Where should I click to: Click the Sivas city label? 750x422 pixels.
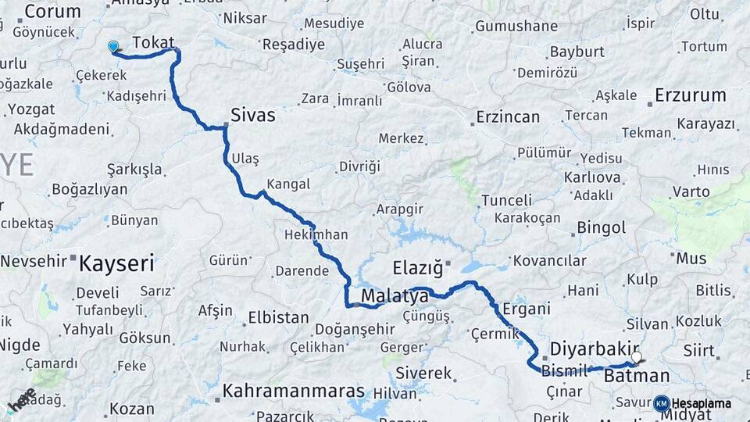click(253, 116)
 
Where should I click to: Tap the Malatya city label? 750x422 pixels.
click(395, 297)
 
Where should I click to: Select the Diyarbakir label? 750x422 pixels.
click(595, 348)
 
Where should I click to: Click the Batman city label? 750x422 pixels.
click(637, 376)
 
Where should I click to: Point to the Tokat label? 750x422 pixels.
click(153, 42)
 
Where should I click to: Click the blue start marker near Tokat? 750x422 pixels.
click(113, 48)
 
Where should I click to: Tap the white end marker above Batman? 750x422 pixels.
click(637, 357)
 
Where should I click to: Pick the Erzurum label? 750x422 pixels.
click(691, 96)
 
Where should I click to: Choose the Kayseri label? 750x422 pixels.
click(116, 263)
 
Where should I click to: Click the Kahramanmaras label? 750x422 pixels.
click(294, 391)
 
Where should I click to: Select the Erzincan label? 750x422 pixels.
click(508, 117)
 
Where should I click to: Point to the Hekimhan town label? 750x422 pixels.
click(316, 234)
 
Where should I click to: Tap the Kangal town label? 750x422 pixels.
click(288, 184)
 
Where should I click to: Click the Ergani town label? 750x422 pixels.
click(527, 308)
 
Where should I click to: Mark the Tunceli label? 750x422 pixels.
click(506, 200)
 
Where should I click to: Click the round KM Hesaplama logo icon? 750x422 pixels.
click(662, 403)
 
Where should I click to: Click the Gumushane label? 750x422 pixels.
click(516, 26)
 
